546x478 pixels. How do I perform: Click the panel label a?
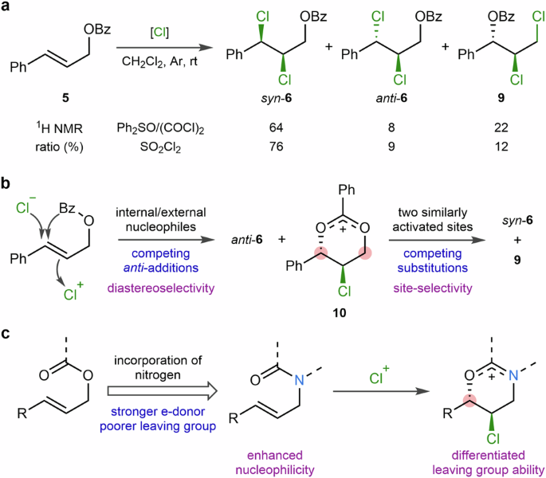[x=7, y=8]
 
